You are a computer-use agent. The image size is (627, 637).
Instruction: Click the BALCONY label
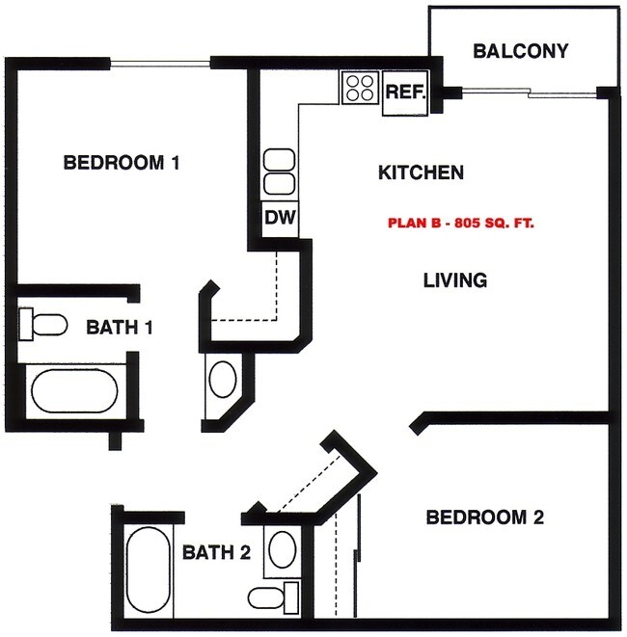pos(520,51)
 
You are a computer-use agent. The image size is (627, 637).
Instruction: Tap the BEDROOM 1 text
pos(122,162)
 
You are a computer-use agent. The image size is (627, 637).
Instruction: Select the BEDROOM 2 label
pos(485,518)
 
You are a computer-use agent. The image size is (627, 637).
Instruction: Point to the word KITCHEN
pos(421,173)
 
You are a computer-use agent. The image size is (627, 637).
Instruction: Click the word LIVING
pos(455,280)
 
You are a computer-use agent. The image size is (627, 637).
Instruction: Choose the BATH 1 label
pos(121,327)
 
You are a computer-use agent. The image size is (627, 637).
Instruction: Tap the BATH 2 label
pos(217,552)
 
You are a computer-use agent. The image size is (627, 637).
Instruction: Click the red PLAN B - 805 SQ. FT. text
pos(461,222)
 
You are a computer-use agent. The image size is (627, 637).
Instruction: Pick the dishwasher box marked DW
pos(279,218)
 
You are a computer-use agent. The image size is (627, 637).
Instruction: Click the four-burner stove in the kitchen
pos(360,89)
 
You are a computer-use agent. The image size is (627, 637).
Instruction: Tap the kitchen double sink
pos(279,172)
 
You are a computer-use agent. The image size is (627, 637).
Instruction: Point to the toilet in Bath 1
pos(41,324)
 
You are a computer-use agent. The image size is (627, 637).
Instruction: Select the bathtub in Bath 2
pos(148,571)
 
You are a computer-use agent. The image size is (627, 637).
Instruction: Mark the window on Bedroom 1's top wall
pos(160,65)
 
